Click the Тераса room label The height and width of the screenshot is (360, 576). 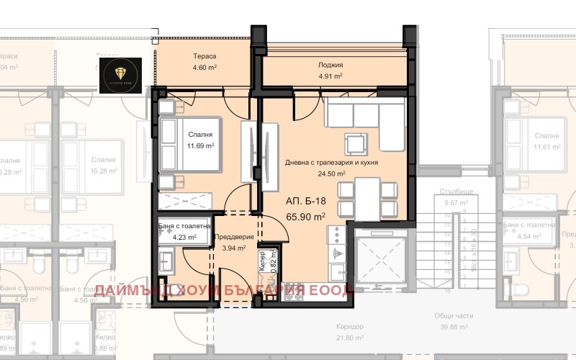point(205,56)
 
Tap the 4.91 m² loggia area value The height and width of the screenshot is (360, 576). point(330,76)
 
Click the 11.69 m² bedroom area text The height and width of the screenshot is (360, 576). point(200,146)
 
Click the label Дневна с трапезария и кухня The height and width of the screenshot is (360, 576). point(331,163)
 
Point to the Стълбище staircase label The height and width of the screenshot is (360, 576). point(458,193)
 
